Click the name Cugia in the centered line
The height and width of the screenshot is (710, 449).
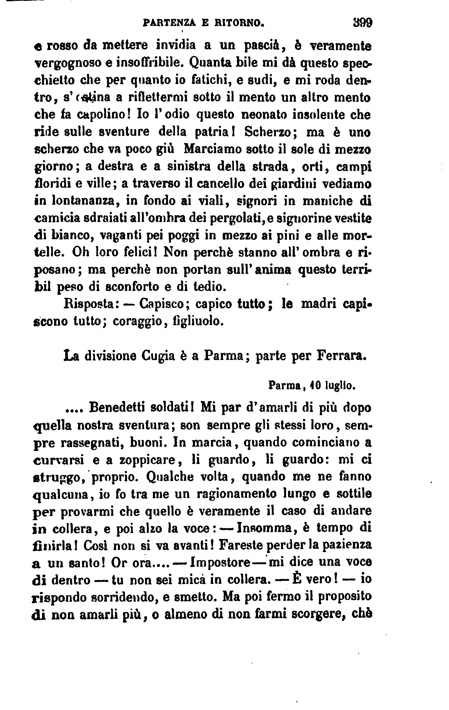tap(158, 356)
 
